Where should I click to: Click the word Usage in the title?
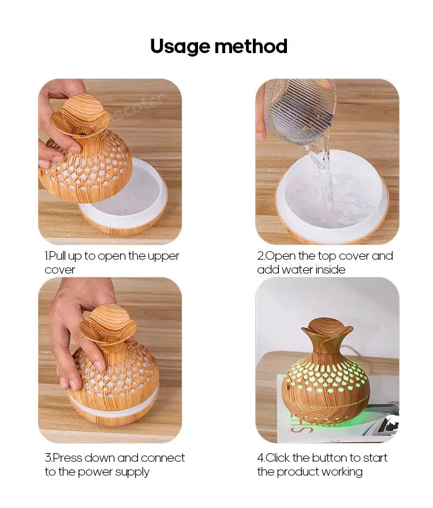(180, 47)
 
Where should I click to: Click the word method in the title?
(251, 46)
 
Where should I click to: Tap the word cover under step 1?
(59, 270)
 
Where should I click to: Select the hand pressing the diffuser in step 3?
(83, 334)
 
